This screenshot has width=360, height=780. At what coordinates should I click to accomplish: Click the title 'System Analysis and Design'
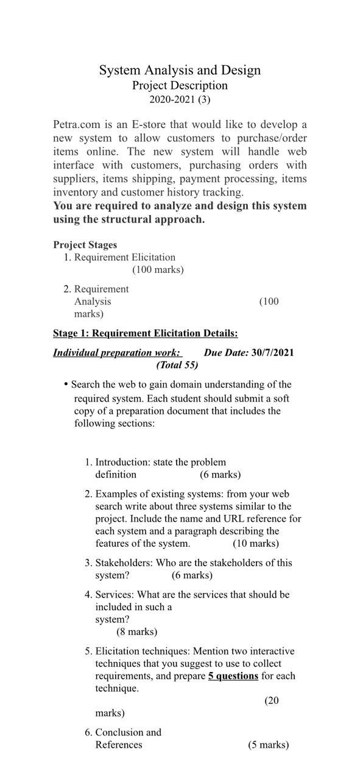pos(180,71)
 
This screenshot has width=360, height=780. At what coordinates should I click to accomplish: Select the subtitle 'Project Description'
pos(180,85)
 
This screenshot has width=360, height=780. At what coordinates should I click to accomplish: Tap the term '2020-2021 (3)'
pos(180,99)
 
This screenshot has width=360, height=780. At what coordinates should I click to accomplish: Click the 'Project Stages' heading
pos(85,245)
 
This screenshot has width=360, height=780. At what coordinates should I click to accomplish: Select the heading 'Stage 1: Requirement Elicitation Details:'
pos(145,333)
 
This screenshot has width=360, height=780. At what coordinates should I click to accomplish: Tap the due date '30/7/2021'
pos(272,353)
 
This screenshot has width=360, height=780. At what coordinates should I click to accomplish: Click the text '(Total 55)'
pos(177,365)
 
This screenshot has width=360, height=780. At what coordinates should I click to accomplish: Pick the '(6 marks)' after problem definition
pos(220,475)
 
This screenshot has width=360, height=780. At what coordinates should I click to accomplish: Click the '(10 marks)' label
pos(255,544)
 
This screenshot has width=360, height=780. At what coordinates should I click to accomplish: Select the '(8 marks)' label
pos(136,632)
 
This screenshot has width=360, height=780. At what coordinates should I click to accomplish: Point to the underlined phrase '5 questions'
pos(233,676)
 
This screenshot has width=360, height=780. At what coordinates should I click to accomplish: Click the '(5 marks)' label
pos(268,745)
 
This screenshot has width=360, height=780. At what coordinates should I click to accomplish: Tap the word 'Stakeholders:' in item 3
pos(124,563)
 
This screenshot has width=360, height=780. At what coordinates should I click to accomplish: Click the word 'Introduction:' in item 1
pos(122,463)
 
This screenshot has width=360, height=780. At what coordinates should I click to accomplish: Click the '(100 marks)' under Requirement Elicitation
pos(158,269)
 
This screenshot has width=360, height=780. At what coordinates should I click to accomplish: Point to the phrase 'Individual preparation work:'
pos(117,353)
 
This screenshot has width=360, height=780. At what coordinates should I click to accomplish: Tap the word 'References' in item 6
pos(119,745)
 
